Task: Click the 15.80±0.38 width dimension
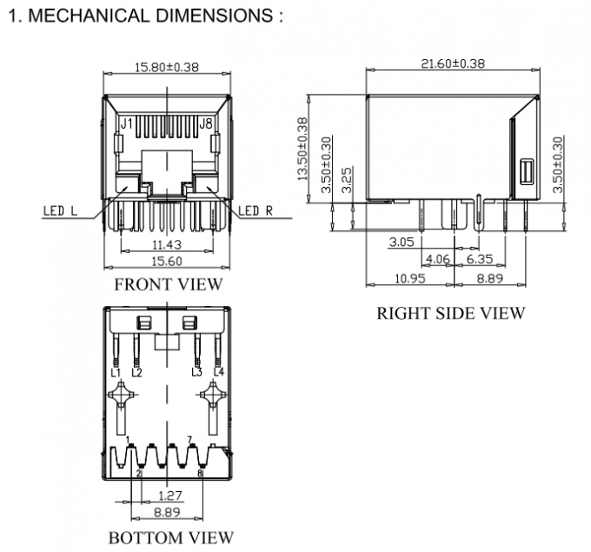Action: [164, 66]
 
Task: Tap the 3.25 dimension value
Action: [348, 180]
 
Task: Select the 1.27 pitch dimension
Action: [169, 496]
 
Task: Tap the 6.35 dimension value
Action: [480, 259]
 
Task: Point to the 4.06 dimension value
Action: [440, 259]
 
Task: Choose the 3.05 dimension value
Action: [402, 243]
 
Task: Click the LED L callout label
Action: [60, 210]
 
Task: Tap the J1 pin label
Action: [126, 124]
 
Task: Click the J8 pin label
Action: [205, 124]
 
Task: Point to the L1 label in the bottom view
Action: [116, 372]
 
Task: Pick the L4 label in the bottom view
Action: [218, 372]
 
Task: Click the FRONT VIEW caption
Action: [168, 284]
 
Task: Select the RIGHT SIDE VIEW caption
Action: [450, 313]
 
